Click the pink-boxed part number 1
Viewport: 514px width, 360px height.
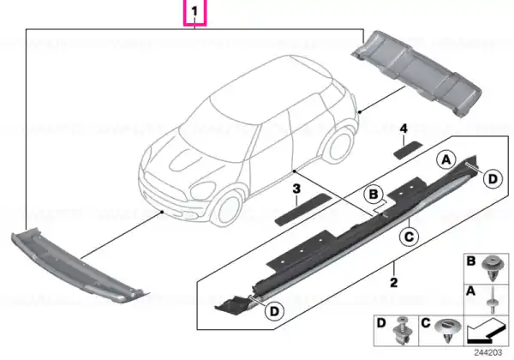point(194,11)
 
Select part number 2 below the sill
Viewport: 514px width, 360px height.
point(394,282)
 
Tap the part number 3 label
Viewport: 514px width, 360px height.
point(296,189)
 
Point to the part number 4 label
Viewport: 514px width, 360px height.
point(403,129)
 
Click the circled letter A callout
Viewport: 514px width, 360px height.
point(446,160)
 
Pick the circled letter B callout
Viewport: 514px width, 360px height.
point(374,195)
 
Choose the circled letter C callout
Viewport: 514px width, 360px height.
point(409,237)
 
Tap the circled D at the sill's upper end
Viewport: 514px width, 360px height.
point(493,179)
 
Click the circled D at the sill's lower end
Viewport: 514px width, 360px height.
point(274,311)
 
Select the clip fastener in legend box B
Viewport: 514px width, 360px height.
point(492,269)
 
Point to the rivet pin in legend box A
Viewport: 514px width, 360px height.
point(493,301)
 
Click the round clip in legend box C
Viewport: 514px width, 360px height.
point(447,330)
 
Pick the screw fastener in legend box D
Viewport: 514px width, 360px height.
point(402,331)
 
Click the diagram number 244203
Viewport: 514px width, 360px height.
point(488,352)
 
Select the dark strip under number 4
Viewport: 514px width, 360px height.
point(408,150)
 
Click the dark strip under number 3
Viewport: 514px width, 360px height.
point(303,209)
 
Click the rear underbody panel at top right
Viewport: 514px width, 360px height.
point(417,73)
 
